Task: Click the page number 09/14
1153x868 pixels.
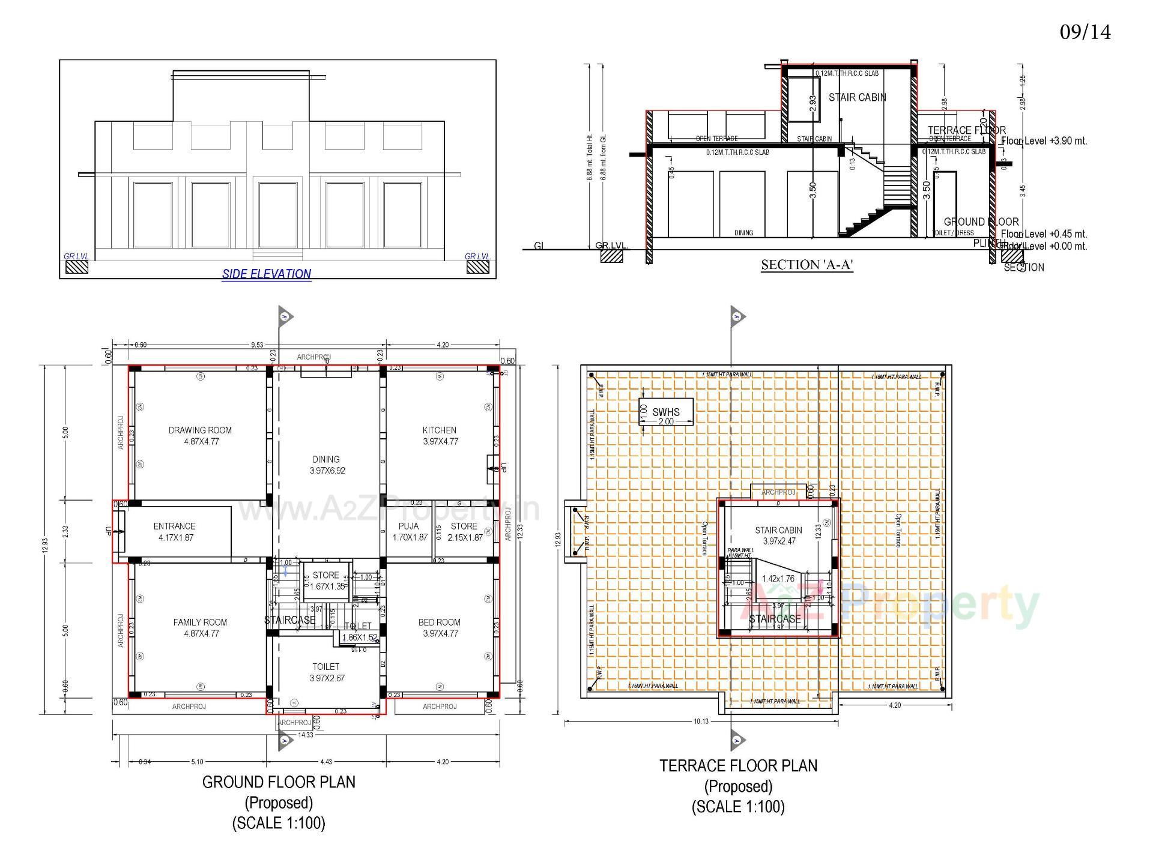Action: tap(1085, 32)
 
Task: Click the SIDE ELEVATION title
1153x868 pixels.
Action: tap(267, 274)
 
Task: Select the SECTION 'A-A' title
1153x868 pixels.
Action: tap(807, 265)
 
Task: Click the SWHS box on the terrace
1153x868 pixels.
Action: tap(665, 412)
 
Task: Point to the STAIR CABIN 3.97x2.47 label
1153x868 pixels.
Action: tap(778, 535)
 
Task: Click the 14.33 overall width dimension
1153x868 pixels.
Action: tap(305, 735)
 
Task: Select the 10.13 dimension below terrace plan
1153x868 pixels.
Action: tap(701, 722)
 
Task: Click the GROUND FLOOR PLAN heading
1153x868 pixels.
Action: tap(279, 782)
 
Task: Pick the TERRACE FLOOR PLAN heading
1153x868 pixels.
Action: tap(738, 766)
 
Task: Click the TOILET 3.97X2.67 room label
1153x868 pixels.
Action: tap(326, 672)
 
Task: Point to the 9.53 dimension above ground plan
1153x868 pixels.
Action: tap(256, 345)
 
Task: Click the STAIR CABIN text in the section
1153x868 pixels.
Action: tap(857, 97)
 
